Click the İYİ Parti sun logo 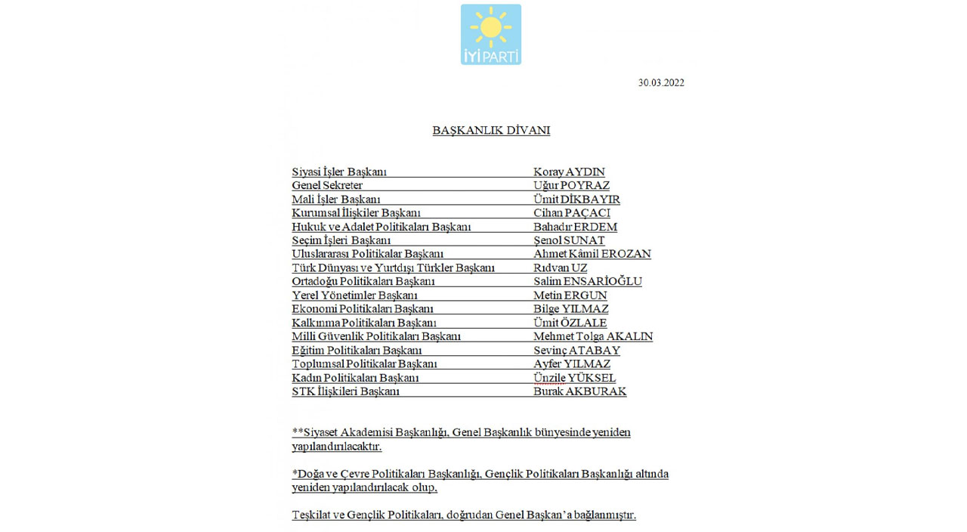pos(490,34)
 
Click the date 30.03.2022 pos(661,83)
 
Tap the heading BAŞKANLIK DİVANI pos(491,131)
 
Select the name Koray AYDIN pos(569,172)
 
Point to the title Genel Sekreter pos(327,186)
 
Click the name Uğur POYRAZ pos(571,186)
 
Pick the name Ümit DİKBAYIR pos(576,199)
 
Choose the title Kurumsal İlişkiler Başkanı pos(356,213)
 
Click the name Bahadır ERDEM pos(575,227)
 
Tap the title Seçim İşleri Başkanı pos(341,240)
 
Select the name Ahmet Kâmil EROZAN pos(592,254)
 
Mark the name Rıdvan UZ pos(560,268)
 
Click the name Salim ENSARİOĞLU pos(587,282)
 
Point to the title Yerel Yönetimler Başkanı pos(354,295)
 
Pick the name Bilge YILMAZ pos(570,309)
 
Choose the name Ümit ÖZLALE pos(570,323)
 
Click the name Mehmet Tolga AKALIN pos(592,336)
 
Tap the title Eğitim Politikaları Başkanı pos(357,351)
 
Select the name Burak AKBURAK pos(579,391)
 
